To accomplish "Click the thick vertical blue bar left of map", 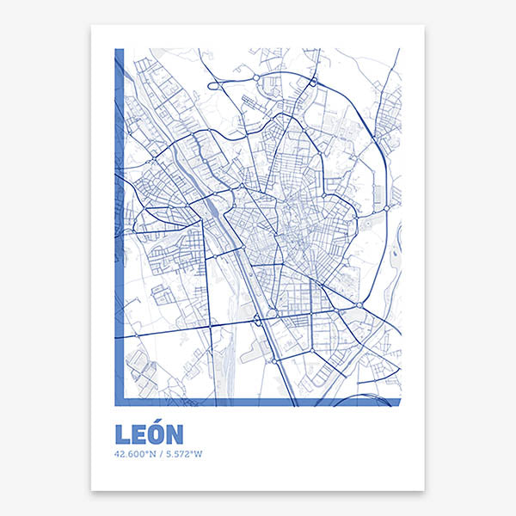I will click(x=120, y=224).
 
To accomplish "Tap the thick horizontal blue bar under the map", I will click(x=258, y=402).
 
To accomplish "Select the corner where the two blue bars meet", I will click(x=120, y=402).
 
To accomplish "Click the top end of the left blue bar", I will click(x=120, y=51).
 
